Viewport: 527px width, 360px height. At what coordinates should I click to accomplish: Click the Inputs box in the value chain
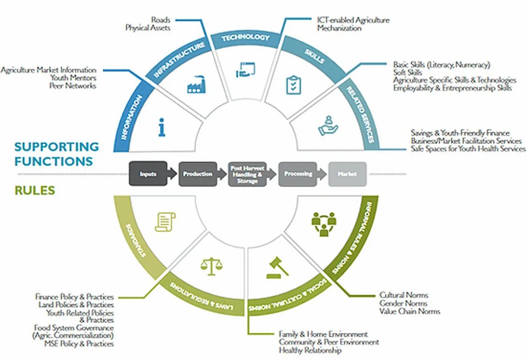click(148, 174)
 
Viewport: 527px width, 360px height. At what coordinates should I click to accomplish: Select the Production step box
click(198, 174)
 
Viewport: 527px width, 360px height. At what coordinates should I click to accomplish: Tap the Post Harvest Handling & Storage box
click(247, 174)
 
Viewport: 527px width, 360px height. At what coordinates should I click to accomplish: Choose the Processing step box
click(298, 174)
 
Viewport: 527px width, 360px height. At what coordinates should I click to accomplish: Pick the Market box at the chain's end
click(347, 174)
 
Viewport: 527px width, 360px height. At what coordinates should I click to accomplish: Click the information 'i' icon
click(162, 127)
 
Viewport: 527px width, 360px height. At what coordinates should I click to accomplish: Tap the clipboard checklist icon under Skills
click(293, 85)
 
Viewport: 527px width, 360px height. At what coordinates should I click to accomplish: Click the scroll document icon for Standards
click(165, 222)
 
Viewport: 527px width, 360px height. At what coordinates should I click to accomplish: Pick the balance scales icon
click(211, 266)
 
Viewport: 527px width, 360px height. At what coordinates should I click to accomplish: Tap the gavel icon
click(277, 267)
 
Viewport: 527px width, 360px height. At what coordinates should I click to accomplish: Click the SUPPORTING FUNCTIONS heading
click(57, 154)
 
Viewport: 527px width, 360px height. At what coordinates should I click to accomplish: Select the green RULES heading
click(35, 191)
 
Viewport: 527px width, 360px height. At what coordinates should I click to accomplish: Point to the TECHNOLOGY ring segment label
click(245, 37)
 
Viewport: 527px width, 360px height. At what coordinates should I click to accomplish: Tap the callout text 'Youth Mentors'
click(73, 78)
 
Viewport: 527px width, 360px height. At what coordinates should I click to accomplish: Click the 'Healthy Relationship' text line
click(310, 350)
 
